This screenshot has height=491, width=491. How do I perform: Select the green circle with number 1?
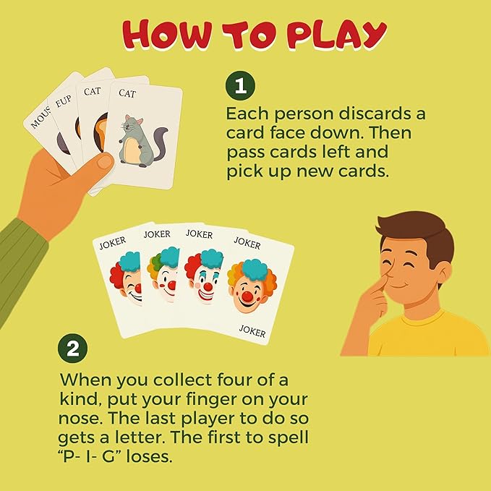click(241, 87)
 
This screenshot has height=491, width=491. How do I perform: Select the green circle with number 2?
click(72, 350)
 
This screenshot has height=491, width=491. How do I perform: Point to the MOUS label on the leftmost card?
click(40, 116)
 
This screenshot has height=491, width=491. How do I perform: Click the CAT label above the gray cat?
click(127, 93)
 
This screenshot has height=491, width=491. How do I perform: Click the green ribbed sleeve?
click(18, 253)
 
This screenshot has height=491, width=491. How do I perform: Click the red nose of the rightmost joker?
click(247, 296)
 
